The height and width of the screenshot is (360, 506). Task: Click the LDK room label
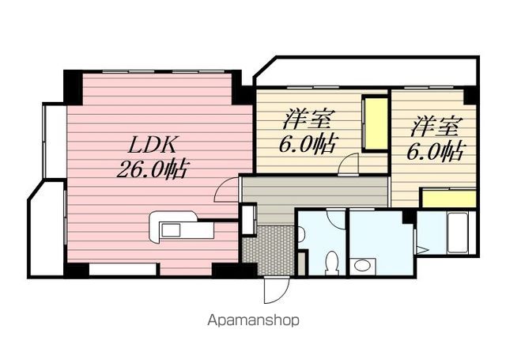152,145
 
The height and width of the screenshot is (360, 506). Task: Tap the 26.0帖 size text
152,169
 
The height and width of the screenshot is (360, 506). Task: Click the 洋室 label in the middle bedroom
308,119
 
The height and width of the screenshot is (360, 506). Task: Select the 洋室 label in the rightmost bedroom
435,127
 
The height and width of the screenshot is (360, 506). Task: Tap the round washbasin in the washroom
362,266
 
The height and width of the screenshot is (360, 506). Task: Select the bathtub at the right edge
457,233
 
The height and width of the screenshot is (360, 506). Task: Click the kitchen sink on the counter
171,230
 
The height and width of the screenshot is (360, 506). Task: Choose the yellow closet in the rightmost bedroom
449,199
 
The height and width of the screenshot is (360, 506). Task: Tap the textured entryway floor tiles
269,250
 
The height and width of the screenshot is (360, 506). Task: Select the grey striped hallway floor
315,191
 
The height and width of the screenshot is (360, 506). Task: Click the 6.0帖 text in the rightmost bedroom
436,151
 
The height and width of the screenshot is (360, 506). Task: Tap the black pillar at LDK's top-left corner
74,86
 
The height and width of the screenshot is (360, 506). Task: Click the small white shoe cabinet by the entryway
249,219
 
